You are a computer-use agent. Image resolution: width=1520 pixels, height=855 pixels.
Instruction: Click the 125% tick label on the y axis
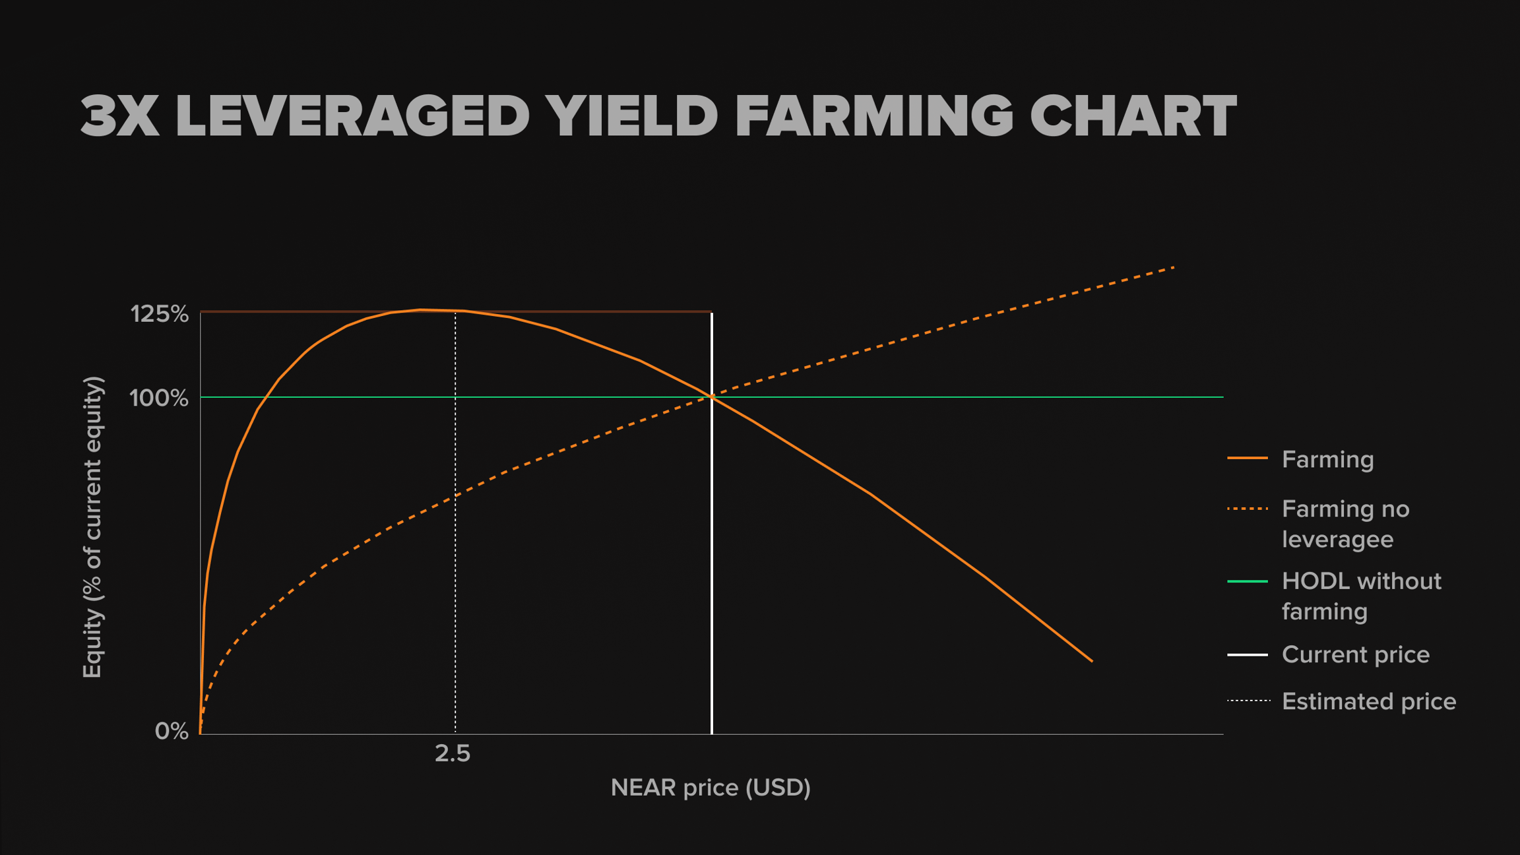160,314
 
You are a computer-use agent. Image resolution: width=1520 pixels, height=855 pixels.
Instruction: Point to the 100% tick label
159,398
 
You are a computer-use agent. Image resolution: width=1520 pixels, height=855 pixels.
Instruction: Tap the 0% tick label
172,731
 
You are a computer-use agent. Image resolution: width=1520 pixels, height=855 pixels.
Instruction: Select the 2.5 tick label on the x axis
453,753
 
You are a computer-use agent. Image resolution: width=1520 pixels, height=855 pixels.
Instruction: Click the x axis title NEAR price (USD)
711,788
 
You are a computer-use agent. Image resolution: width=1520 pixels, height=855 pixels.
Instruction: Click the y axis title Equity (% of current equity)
93,527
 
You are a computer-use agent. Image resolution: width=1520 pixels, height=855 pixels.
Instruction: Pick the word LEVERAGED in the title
353,116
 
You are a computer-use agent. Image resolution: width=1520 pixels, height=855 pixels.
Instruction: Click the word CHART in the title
1133,116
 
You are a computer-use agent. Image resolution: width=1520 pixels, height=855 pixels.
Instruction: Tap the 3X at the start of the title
120,116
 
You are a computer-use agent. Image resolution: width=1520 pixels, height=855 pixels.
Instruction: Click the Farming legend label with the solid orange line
1327,459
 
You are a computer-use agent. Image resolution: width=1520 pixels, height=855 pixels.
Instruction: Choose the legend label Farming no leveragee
1345,524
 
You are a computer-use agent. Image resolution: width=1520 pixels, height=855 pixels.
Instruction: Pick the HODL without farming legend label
1361,596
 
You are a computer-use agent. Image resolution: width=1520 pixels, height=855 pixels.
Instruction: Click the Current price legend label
1355,654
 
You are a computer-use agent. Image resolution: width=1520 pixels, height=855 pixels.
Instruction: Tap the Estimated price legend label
1368,701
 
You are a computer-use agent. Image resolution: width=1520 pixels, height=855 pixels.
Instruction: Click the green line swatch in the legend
1248,581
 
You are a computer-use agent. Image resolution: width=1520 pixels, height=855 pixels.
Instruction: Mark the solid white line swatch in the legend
1248,655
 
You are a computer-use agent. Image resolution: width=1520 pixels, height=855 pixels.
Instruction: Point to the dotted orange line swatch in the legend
1248,509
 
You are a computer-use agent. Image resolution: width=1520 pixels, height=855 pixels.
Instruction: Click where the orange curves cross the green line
712,397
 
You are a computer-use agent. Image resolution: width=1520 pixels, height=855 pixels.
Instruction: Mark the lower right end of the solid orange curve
1092,660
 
